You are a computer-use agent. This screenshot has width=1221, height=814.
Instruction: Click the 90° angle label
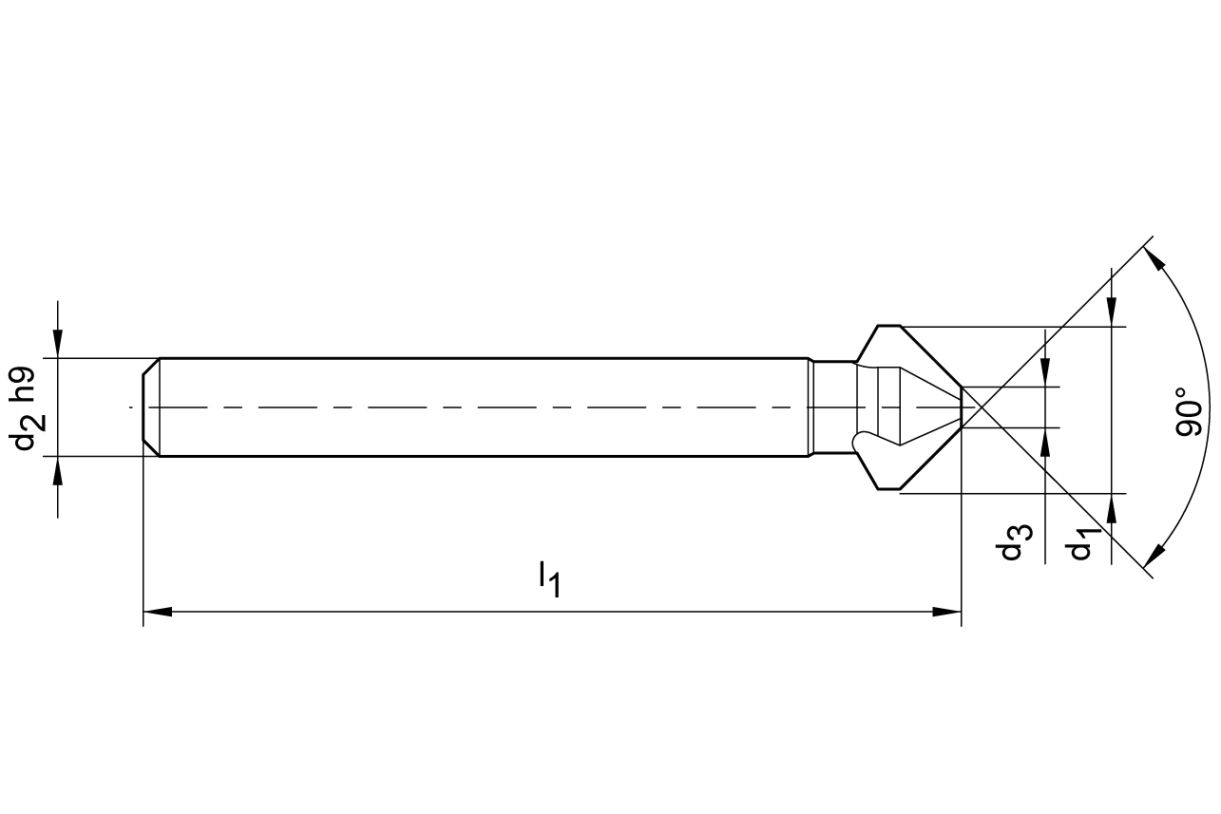1189,412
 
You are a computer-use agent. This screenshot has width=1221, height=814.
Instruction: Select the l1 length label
549,580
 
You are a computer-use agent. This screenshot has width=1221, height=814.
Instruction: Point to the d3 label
1014,542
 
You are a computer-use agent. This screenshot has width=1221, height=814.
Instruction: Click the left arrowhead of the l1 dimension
158,612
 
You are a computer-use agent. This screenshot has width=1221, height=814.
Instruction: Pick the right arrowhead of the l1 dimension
946,612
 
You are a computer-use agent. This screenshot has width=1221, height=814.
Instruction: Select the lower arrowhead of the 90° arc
1154,556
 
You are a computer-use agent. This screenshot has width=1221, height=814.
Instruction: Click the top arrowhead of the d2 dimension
58,343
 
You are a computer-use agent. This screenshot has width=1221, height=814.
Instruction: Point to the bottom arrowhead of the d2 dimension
58,470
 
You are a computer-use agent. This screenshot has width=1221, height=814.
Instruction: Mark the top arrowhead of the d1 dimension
1112,312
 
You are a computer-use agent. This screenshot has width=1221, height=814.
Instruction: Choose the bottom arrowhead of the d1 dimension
1112,508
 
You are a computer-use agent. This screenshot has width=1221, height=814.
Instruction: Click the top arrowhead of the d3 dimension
1045,372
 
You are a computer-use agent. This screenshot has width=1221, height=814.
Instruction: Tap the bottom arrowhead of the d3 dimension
1045,443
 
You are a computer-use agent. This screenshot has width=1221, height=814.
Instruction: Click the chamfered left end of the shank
151,407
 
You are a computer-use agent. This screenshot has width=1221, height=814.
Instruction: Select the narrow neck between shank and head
834,407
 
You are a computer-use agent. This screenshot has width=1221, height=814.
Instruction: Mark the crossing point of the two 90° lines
982,407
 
